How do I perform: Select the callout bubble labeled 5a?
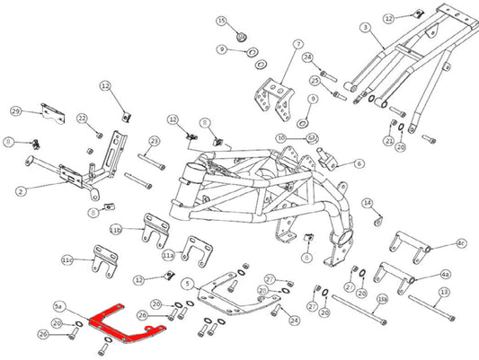click(x=59, y=305)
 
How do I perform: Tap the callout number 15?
click(x=222, y=20)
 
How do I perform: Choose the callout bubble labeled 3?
click(x=366, y=28)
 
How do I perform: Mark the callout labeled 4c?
click(x=461, y=242)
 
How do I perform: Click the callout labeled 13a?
click(x=382, y=298)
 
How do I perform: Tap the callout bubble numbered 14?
click(x=367, y=203)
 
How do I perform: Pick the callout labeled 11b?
click(x=115, y=230)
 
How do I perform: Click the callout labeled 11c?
click(x=67, y=259)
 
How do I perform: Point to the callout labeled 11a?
click(x=167, y=255)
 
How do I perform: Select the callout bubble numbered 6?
click(x=359, y=163)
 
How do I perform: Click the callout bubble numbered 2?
click(x=19, y=189)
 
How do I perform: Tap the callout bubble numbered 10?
click(x=281, y=137)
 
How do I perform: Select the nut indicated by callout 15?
click(x=243, y=38)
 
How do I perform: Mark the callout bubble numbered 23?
click(x=154, y=141)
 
